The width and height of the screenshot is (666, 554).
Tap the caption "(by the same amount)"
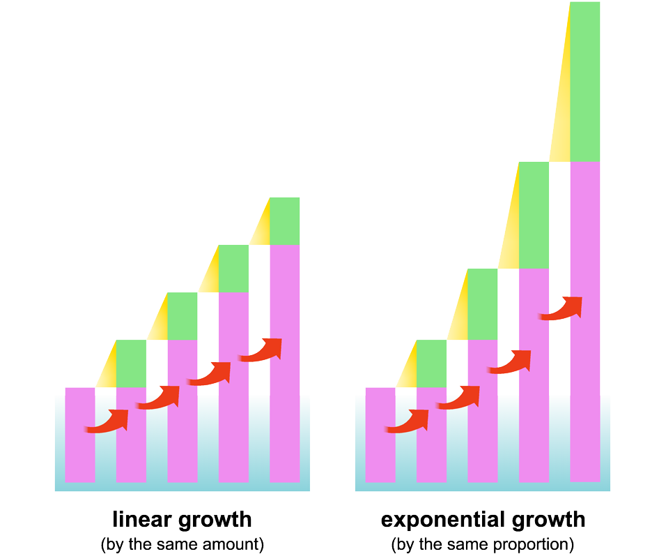[182, 544]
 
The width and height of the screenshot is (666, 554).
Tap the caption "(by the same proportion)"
[482, 544]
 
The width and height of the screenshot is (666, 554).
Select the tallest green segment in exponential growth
[584, 82]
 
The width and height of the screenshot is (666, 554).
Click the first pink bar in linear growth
[79, 434]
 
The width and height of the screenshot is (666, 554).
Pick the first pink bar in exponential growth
[380, 434]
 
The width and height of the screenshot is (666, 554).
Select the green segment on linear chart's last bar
[284, 221]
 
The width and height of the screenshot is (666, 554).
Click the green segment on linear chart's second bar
[131, 364]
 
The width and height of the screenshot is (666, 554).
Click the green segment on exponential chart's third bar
[482, 304]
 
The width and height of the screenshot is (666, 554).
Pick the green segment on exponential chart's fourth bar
[534, 215]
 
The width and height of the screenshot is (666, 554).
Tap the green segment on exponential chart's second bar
[431, 364]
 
